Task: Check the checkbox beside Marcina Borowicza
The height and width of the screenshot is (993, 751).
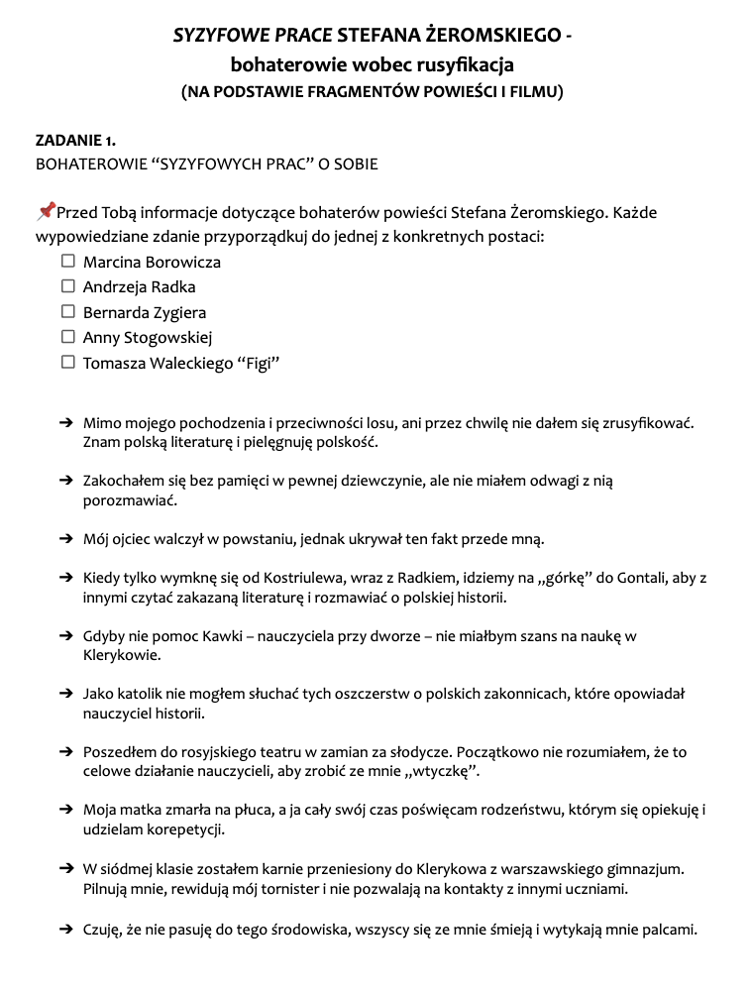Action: [x=68, y=262]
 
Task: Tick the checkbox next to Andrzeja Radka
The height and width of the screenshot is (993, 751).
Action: [x=68, y=286]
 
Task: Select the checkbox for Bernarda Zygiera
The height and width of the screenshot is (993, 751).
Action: [x=68, y=312]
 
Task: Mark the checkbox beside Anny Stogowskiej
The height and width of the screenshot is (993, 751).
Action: [x=68, y=337]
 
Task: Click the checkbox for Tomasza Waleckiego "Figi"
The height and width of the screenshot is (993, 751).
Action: [x=68, y=363]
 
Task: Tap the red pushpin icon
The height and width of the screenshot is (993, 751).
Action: [x=45, y=211]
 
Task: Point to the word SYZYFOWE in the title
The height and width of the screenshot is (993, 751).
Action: [x=213, y=36]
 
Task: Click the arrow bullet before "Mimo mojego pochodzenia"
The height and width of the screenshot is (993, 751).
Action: [x=66, y=422]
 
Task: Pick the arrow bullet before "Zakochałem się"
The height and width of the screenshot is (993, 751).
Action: [x=66, y=481]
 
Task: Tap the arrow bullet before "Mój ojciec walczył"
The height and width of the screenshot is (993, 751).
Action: [x=66, y=539]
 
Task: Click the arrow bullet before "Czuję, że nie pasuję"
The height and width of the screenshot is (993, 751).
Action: [x=66, y=929]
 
